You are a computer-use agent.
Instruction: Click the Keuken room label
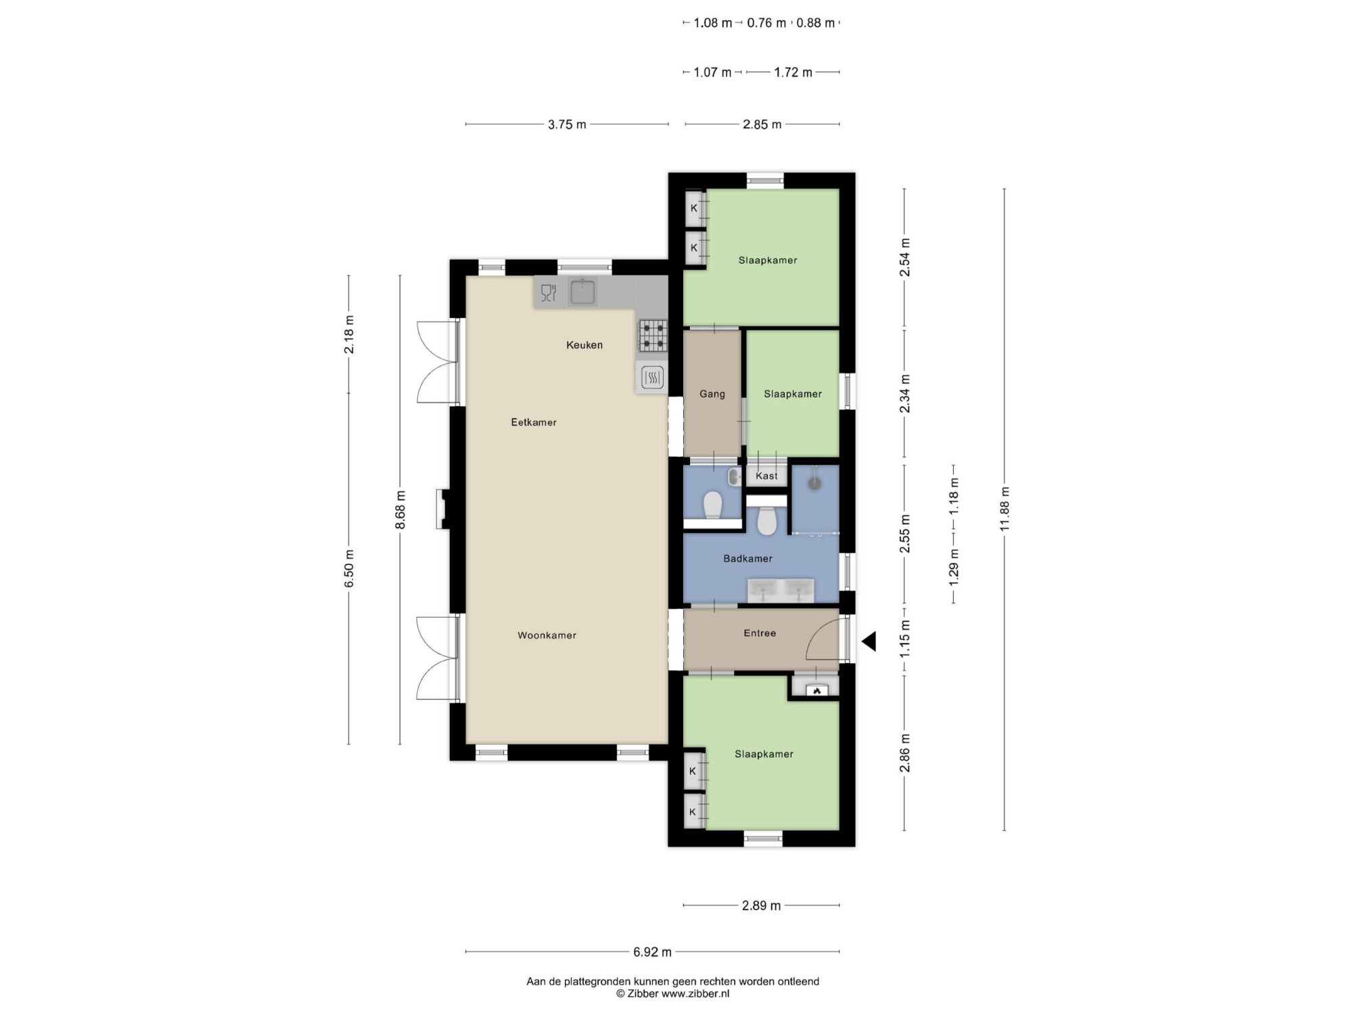click(x=584, y=345)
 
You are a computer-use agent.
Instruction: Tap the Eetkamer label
click(x=534, y=422)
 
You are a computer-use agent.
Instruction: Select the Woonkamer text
click(x=547, y=635)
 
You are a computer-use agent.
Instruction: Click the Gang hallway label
click(x=712, y=394)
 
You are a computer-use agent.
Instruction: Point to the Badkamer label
click(x=748, y=558)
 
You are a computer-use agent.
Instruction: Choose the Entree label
click(x=760, y=633)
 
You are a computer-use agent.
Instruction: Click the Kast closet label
click(x=766, y=476)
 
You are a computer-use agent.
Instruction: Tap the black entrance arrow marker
click(x=869, y=641)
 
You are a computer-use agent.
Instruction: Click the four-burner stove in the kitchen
click(x=653, y=336)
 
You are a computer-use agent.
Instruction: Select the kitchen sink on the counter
click(x=582, y=292)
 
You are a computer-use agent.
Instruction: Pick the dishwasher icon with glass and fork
click(x=549, y=293)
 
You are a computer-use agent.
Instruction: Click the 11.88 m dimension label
click(x=1005, y=509)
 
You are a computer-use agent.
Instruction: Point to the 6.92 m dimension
click(x=653, y=952)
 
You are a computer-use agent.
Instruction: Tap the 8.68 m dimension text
click(x=400, y=510)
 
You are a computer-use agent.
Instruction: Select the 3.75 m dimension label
click(x=567, y=125)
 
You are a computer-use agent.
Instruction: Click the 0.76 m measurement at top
click(x=766, y=23)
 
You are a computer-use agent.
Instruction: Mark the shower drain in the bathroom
click(x=815, y=483)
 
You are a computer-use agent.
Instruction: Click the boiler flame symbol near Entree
click(x=817, y=691)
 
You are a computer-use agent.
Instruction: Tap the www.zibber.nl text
click(x=695, y=994)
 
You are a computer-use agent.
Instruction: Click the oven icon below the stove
click(x=653, y=378)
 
